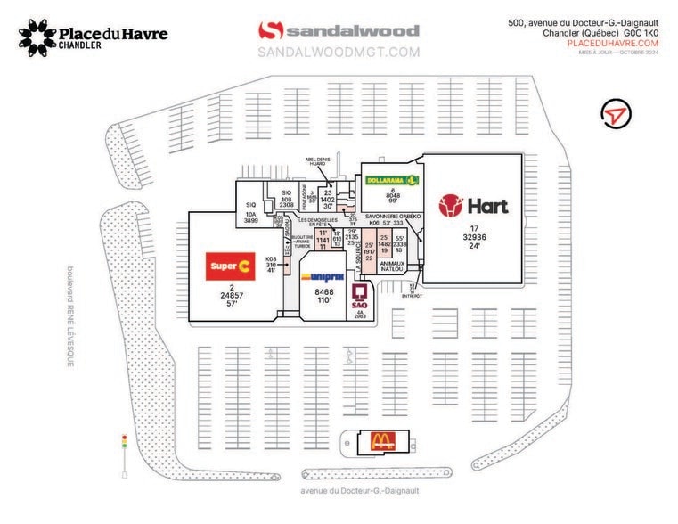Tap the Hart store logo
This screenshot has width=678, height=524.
473,207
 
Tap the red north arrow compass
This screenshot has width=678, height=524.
613,114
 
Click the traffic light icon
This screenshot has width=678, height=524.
124,444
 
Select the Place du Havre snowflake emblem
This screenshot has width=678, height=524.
37,37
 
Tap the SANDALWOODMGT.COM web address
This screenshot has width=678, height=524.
339,53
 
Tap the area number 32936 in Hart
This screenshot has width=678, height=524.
473,237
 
